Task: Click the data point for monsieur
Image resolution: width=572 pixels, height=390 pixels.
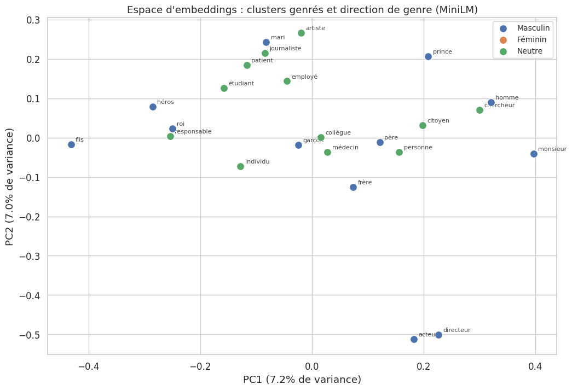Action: [x=534, y=154]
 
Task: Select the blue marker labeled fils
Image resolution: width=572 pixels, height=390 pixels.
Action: [x=71, y=144]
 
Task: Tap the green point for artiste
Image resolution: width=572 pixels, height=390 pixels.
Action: [x=301, y=33]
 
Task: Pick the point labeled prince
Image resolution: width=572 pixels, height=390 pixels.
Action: [x=428, y=56]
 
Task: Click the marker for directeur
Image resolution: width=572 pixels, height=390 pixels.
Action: [x=438, y=335]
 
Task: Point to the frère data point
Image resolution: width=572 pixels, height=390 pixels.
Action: [x=353, y=187]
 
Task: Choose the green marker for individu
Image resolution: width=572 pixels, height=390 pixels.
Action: [x=240, y=166]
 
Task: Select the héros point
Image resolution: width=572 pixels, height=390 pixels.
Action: [x=153, y=107]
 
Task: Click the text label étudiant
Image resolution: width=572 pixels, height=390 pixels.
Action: [x=241, y=84]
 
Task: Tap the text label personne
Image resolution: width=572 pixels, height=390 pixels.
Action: [x=418, y=148]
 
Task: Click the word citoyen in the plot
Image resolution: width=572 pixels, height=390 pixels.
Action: [x=438, y=121]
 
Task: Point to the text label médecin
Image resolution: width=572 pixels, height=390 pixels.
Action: [x=345, y=148]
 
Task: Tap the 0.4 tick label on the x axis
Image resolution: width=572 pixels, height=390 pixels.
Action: [x=535, y=366]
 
